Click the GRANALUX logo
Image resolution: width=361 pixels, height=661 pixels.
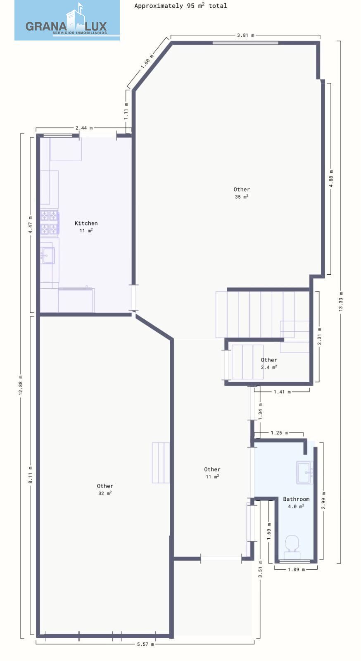(x=67, y=20)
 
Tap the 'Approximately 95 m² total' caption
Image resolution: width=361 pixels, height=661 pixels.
(x=180, y=6)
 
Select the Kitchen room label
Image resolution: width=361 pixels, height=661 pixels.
(x=86, y=226)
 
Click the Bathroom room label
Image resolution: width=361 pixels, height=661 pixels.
(x=296, y=502)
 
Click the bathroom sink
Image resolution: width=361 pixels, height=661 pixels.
(x=305, y=473)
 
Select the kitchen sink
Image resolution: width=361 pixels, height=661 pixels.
(x=47, y=255)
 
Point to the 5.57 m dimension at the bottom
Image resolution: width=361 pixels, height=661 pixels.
(x=145, y=644)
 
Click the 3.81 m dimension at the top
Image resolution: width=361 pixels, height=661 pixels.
(x=245, y=35)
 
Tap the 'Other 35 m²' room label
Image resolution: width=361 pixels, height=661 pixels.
(x=242, y=193)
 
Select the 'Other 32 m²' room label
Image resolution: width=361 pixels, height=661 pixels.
(x=105, y=489)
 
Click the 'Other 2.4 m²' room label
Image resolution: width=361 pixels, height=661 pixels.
(x=269, y=363)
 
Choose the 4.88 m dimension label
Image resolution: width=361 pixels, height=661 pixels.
(x=331, y=178)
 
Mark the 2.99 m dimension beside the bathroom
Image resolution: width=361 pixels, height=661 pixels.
(x=323, y=500)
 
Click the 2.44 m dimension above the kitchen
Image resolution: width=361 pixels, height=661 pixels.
(x=84, y=128)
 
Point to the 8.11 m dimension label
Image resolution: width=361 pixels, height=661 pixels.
(x=30, y=475)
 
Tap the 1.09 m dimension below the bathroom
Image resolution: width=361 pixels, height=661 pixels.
(x=297, y=570)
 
